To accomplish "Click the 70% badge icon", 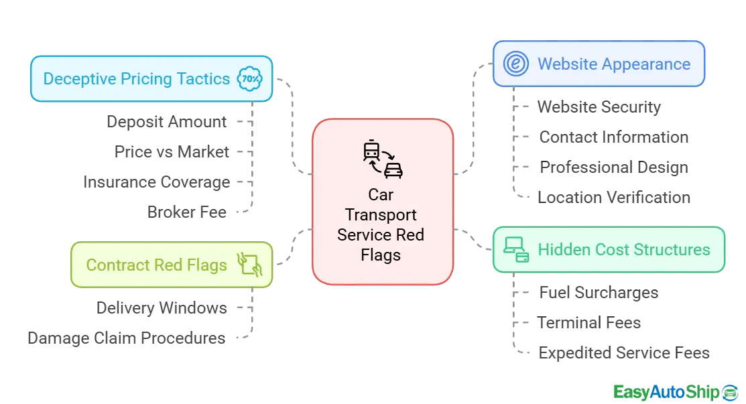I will coord(251,78).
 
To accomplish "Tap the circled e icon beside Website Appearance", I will coord(515,64).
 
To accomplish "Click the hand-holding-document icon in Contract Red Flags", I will coord(249,265).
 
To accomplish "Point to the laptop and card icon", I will coord(516,250).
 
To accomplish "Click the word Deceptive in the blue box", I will coord(78,79).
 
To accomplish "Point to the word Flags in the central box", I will coord(381,255).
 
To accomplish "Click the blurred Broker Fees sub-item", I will coord(188,212).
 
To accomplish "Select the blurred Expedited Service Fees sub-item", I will coord(624,352).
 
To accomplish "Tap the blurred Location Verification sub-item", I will coord(613,196).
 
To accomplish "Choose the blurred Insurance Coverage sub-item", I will coord(155,182).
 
